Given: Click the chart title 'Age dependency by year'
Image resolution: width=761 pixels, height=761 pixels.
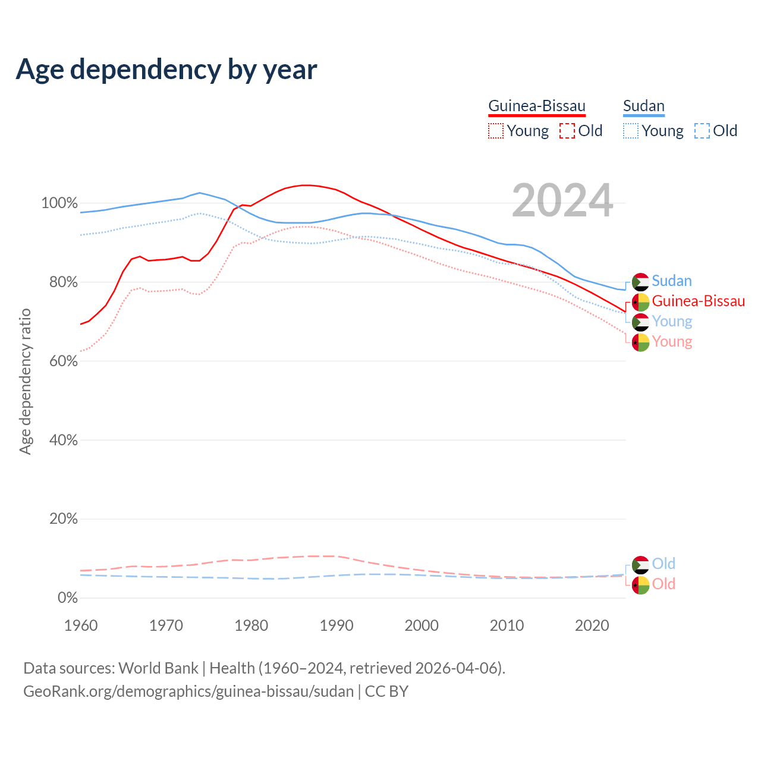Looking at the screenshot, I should tap(166, 70).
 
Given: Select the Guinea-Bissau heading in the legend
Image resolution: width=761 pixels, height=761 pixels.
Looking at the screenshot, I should tap(537, 106).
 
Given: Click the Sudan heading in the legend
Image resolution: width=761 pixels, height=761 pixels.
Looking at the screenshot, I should tap(643, 106).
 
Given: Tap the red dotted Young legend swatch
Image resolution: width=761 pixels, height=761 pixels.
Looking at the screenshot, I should tap(496, 131).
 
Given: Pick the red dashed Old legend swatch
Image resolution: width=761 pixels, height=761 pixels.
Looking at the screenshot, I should tap(567, 131).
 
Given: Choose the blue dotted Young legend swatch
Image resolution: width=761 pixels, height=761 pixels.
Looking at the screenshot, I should tap(631, 131).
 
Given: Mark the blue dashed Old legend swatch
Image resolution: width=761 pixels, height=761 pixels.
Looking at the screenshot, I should tap(702, 131).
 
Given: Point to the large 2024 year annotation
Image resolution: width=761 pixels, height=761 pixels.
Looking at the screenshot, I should tap(562, 201).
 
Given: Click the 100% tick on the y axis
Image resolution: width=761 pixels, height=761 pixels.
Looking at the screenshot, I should tap(59, 203).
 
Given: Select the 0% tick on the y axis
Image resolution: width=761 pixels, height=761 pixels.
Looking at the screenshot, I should tap(67, 598).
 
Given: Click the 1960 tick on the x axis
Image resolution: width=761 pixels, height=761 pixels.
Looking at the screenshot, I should tap(81, 625).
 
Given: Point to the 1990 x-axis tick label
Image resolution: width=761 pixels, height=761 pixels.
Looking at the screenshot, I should tap(337, 625).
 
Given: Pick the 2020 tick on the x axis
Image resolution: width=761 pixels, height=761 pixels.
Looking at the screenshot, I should tap(592, 625).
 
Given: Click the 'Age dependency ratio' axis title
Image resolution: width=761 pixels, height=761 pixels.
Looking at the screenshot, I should tap(25, 381).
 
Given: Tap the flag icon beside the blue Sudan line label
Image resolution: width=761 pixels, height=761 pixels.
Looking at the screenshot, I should tap(640, 282).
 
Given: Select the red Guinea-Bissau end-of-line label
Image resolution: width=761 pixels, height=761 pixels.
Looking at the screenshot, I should tap(698, 301).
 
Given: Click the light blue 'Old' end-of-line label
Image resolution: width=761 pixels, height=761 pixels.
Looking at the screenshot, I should tap(663, 564).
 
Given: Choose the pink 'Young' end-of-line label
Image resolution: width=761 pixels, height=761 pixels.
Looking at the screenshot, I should tap(672, 342).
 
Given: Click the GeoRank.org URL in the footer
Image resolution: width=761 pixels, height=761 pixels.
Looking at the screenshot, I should tap(188, 691).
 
